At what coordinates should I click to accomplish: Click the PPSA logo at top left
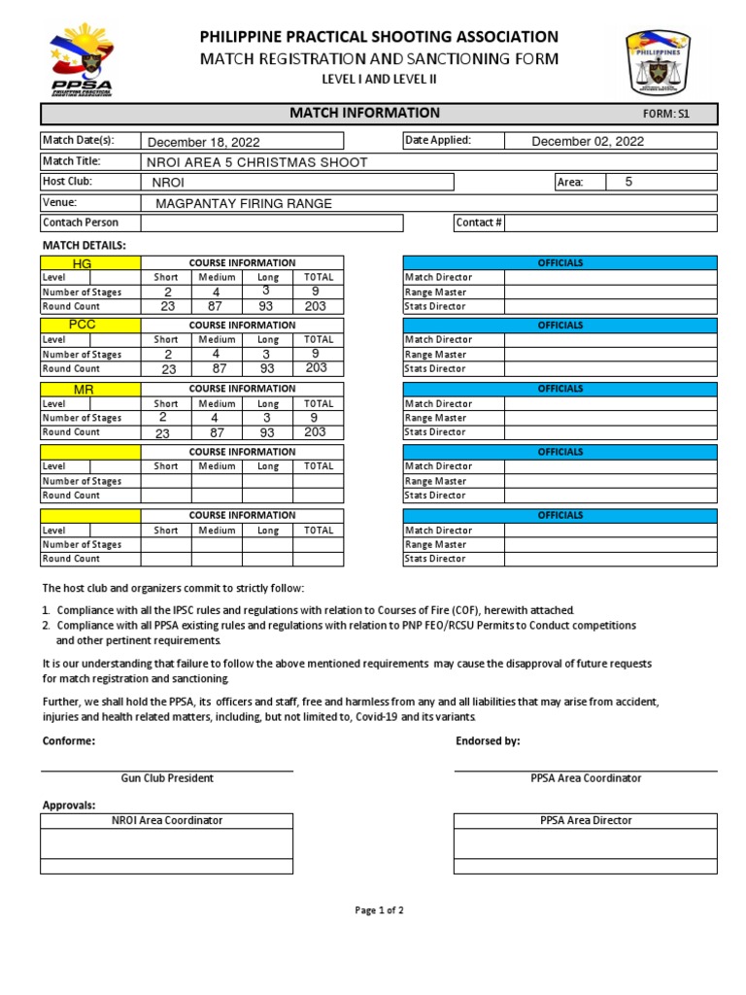pyautogui.click(x=83, y=60)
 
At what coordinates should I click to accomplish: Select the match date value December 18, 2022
pyautogui.click(x=203, y=142)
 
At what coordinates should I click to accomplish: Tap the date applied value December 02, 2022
pyautogui.click(x=588, y=142)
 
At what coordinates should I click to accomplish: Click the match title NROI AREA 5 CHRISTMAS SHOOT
pyautogui.click(x=256, y=162)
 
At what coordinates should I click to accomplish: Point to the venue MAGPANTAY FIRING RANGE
pyautogui.click(x=244, y=203)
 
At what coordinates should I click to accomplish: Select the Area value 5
pyautogui.click(x=628, y=182)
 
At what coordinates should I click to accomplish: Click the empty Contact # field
pyautogui.click(x=610, y=223)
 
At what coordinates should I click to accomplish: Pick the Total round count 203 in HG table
pyautogui.click(x=316, y=306)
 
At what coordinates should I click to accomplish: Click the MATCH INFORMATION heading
pyautogui.click(x=364, y=114)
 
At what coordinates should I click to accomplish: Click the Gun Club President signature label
pyautogui.click(x=167, y=778)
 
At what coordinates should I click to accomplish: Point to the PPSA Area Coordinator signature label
pyautogui.click(x=586, y=778)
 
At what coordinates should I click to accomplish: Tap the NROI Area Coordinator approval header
pyautogui.click(x=167, y=821)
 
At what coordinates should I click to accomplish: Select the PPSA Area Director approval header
pyautogui.click(x=586, y=821)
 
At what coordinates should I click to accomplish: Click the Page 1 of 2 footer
pyautogui.click(x=379, y=910)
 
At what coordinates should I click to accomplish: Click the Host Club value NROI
pyautogui.click(x=168, y=183)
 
